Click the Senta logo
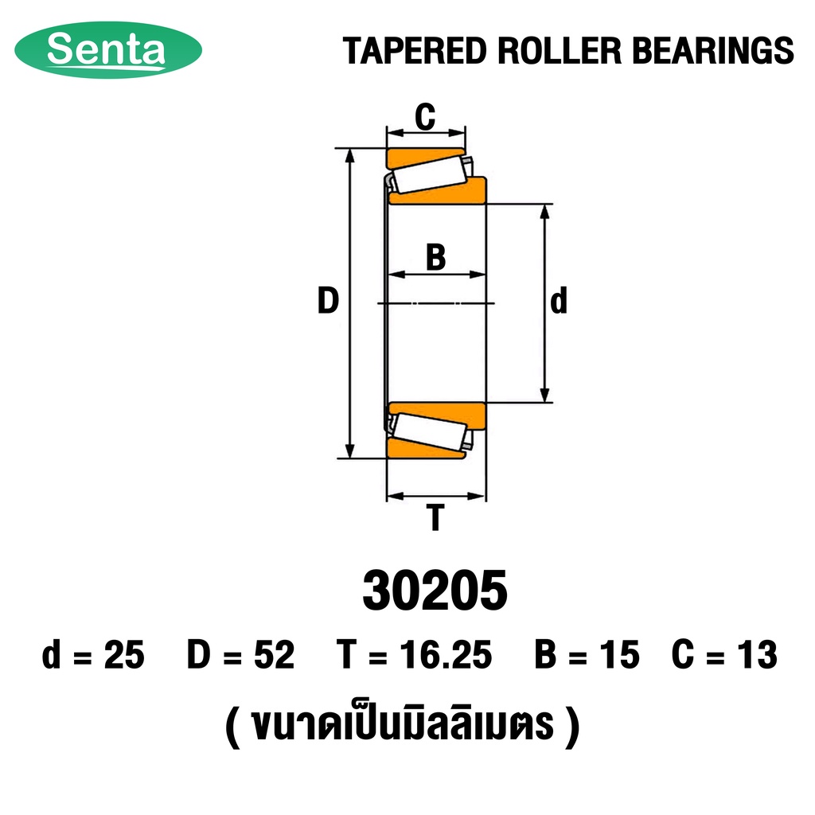click(x=108, y=50)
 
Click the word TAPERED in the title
click(x=415, y=51)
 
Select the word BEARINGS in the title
click(x=713, y=51)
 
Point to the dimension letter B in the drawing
click(x=435, y=257)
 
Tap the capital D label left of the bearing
click(x=328, y=300)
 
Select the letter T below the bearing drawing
click(x=435, y=517)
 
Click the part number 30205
click(x=435, y=591)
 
